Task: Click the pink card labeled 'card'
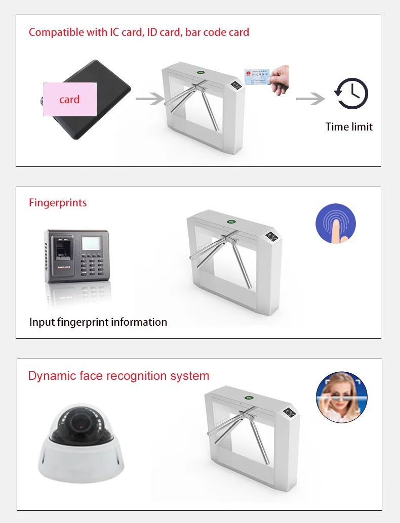tap(69, 99)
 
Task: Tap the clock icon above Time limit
tap(350, 94)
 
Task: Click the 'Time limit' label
tap(349, 126)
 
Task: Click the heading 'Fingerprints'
tap(58, 203)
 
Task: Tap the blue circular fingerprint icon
tap(336, 224)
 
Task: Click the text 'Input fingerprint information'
tap(98, 322)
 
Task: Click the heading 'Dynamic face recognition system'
tap(118, 376)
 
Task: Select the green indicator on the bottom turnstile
tap(249, 397)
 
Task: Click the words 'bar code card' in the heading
tap(217, 32)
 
